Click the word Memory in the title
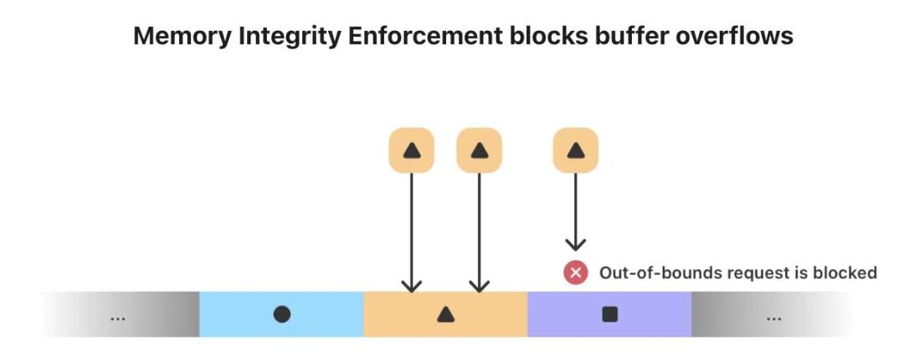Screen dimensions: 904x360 (x=181, y=37)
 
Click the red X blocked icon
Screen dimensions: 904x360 (x=575, y=272)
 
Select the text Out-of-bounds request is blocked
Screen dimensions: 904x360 (x=738, y=272)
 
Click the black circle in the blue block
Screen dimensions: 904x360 (x=281, y=315)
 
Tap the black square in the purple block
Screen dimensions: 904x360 (x=609, y=315)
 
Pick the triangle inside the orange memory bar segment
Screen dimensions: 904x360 (x=445, y=315)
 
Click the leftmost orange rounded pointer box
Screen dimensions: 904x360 (x=411, y=151)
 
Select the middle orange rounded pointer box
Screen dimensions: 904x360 (x=479, y=151)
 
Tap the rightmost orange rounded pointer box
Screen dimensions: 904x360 (x=575, y=151)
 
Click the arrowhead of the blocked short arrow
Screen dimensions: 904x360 (x=575, y=245)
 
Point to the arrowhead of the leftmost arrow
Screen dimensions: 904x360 (x=411, y=286)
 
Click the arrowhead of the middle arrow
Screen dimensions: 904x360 (x=479, y=286)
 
